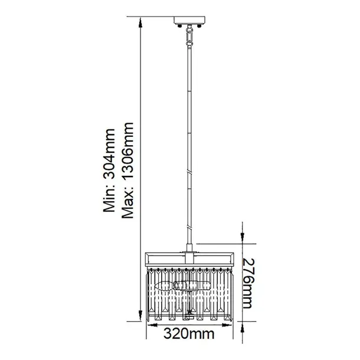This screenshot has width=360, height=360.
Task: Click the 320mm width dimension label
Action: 189,333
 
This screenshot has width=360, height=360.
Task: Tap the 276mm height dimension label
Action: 248,283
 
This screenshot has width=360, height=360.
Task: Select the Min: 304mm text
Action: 109,171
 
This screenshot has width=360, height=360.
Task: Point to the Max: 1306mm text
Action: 127,171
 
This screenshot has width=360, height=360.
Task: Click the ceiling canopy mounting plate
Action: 189,20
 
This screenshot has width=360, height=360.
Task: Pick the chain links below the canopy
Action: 189,36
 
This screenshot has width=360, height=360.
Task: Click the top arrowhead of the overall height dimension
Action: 140,23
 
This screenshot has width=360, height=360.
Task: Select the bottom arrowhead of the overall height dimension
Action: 140,316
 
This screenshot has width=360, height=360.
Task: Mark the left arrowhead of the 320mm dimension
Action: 152,325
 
